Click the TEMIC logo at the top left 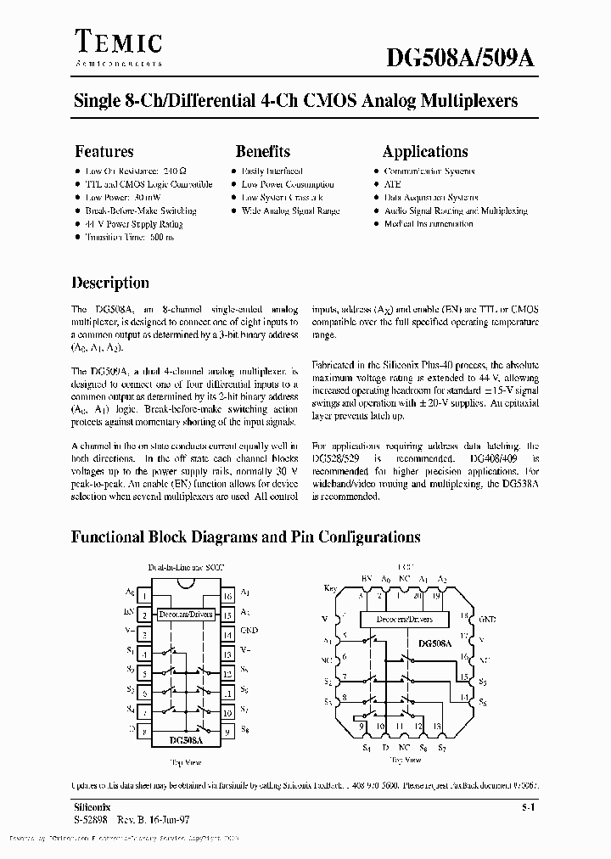coord(118,42)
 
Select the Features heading coord(104,152)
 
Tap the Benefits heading coord(262,152)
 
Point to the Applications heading coord(424,152)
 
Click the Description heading coord(109,283)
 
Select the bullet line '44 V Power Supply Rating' coord(133,224)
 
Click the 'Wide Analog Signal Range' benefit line coord(290,211)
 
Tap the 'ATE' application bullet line coord(392,184)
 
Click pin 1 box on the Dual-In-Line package coord(144,594)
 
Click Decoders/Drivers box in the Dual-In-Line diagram coord(185,614)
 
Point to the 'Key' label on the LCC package coord(331,588)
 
